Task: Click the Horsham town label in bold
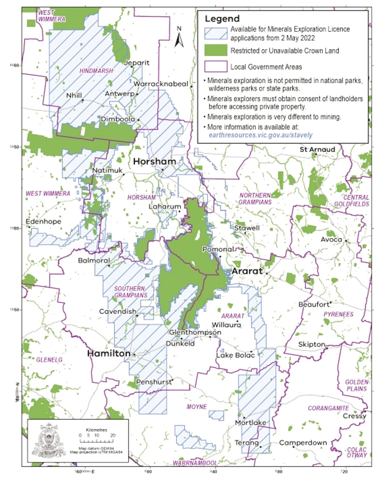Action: pyautogui.click(x=154, y=162)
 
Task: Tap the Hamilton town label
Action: pyautogui.click(x=109, y=354)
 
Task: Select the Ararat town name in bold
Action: pyautogui.click(x=247, y=271)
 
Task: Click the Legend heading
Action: pyautogui.click(x=222, y=19)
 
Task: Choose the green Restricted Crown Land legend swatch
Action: pyautogui.click(x=216, y=51)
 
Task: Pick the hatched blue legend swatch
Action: pyautogui.click(x=216, y=33)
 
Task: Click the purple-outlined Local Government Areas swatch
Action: pyautogui.click(x=216, y=66)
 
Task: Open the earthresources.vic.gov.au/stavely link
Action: pyautogui.click(x=260, y=135)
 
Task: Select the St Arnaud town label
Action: pyautogui.click(x=317, y=149)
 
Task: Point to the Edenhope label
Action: pyautogui.click(x=44, y=222)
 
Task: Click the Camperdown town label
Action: pyautogui.click(x=303, y=443)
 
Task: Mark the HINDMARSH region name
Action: pyautogui.click(x=96, y=71)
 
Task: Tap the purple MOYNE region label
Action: pyautogui.click(x=196, y=407)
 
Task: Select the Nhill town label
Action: pyautogui.click(x=74, y=95)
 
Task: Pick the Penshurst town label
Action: pyautogui.click(x=154, y=382)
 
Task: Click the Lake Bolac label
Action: pyautogui.click(x=235, y=355)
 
